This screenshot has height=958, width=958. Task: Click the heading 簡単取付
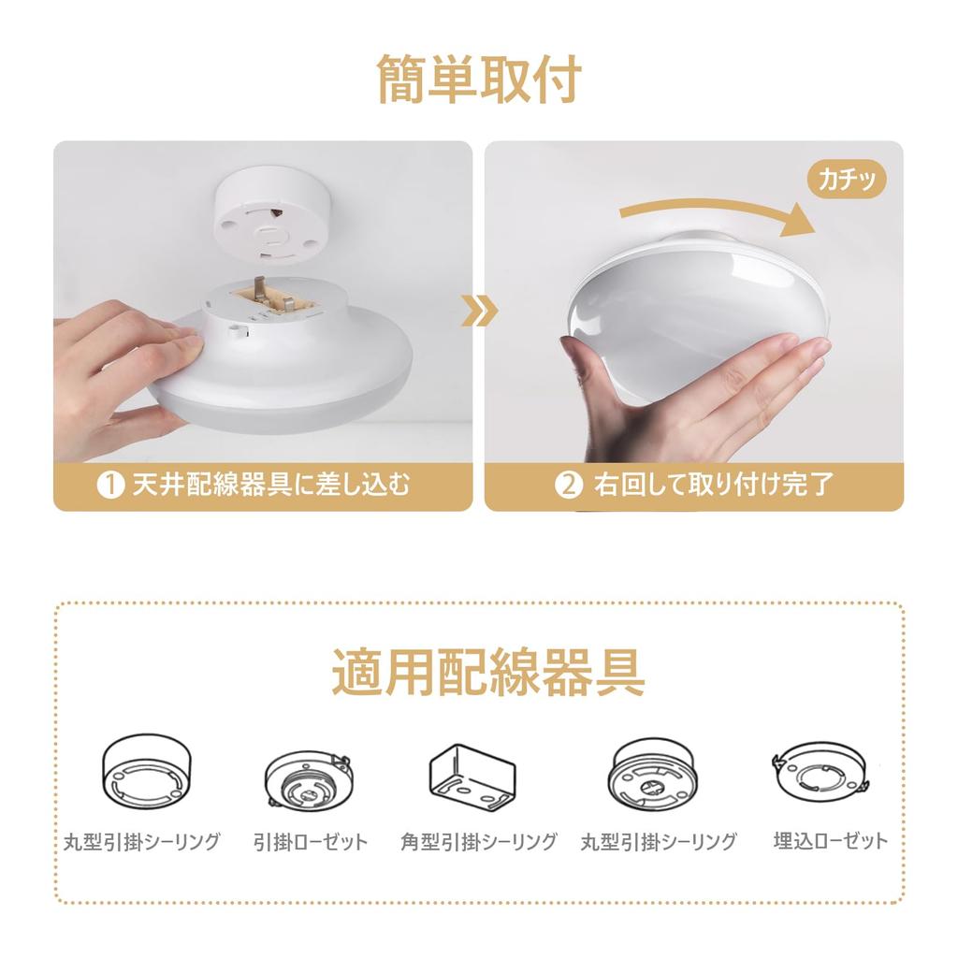pyautogui.click(x=479, y=80)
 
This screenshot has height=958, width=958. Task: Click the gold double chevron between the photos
pyautogui.click(x=479, y=312)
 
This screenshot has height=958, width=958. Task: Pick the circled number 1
pyautogui.click(x=111, y=486)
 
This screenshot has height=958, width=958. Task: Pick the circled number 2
pyautogui.click(x=569, y=486)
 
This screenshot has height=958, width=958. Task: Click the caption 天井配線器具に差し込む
pyautogui.click(x=271, y=486)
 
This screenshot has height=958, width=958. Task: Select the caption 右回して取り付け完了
pyautogui.click(x=713, y=486)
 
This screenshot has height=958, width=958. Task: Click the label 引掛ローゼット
pyautogui.click(x=311, y=842)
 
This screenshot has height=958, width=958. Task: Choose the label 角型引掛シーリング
pyautogui.click(x=478, y=842)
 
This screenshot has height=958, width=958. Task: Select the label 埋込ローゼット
pyautogui.click(x=830, y=841)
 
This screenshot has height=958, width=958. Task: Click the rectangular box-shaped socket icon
pyautogui.click(x=472, y=775)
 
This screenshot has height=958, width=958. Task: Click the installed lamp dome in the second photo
pyautogui.click(x=697, y=299)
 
